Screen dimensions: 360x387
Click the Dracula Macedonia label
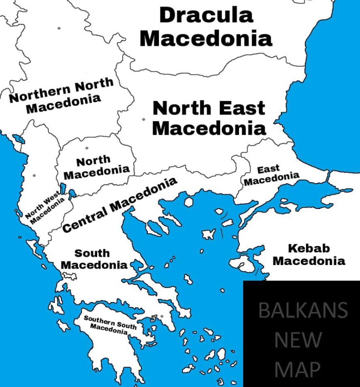(206, 27)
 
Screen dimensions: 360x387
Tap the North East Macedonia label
(209, 118)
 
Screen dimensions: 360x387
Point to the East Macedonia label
(271, 175)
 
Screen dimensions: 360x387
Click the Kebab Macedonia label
(309, 254)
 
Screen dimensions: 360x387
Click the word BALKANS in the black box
(303, 310)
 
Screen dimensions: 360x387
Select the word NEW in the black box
(298, 341)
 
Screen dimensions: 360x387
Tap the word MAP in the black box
(298, 369)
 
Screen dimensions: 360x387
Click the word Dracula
(206, 15)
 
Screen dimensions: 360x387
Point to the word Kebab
(309, 248)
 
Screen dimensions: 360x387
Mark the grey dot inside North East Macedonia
(144, 119)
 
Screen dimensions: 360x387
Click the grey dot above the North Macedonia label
(87, 148)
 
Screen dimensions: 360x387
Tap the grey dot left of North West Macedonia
(34, 175)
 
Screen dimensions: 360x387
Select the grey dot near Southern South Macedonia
(162, 316)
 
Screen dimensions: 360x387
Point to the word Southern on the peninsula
(99, 320)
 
